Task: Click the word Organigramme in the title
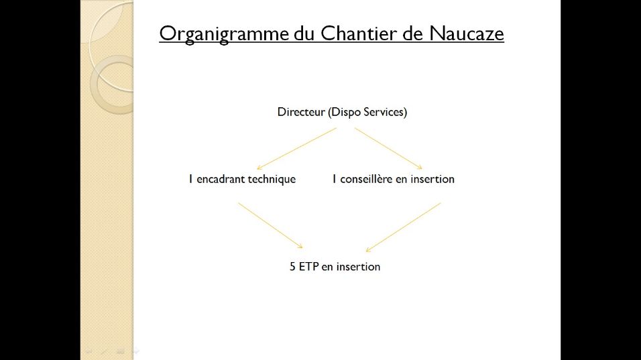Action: pyautogui.click(x=224, y=34)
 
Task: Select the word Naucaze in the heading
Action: pyautogui.click(x=467, y=33)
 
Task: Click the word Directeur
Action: pyautogui.click(x=301, y=112)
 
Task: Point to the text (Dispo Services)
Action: pyautogui.click(x=367, y=113)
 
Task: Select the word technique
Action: pyautogui.click(x=272, y=180)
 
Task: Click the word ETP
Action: pyautogui.click(x=308, y=266)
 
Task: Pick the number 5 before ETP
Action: pyautogui.click(x=292, y=266)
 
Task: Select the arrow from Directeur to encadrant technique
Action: pyautogui.click(x=296, y=149)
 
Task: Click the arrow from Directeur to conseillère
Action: pyautogui.click(x=388, y=148)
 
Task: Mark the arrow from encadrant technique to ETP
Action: pyautogui.click(x=271, y=225)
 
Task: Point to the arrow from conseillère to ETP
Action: pyautogui.click(x=403, y=227)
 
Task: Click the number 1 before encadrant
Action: pyautogui.click(x=190, y=179)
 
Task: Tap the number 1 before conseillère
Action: pyautogui.click(x=334, y=179)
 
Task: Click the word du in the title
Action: pyautogui.click(x=304, y=33)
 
